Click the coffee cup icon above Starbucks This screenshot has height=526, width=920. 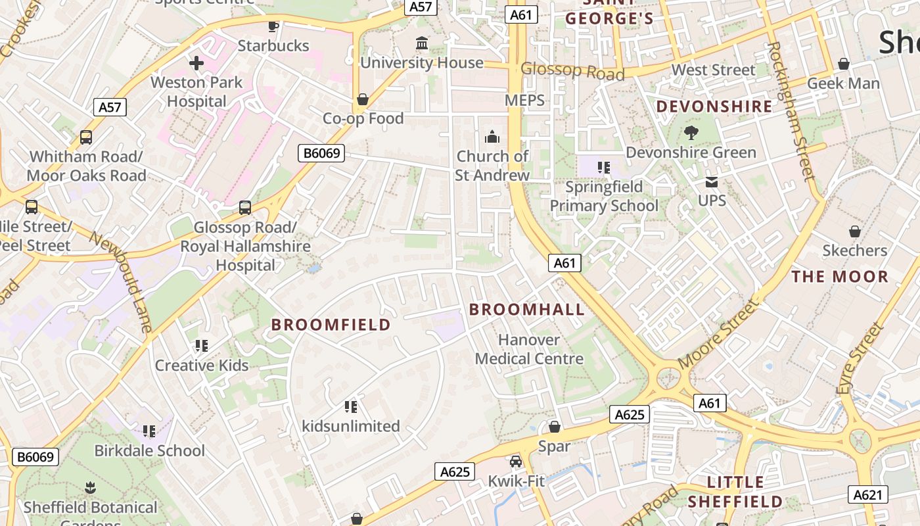[x=273, y=26]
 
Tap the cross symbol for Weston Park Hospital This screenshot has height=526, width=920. [x=196, y=63]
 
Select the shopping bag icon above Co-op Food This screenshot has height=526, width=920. [x=362, y=99]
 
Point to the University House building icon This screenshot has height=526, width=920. [x=422, y=43]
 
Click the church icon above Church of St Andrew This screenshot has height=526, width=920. [x=492, y=137]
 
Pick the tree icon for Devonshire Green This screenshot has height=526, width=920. [x=691, y=133]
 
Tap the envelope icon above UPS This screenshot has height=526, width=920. [x=712, y=181]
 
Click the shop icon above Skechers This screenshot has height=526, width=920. [x=854, y=231]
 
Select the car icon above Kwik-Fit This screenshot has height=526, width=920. [x=516, y=462]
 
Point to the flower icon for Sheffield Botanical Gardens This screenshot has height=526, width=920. [x=90, y=488]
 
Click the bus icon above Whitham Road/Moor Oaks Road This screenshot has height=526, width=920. [x=86, y=137]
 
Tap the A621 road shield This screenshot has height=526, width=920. [x=868, y=494]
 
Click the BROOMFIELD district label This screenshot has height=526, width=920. [x=331, y=325]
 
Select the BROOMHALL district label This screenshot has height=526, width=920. [x=526, y=310]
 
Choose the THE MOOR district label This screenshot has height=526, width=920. [x=840, y=277]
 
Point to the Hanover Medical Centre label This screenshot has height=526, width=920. [x=529, y=349]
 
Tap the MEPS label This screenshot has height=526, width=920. [x=524, y=100]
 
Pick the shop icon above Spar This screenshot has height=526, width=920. [x=555, y=427]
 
